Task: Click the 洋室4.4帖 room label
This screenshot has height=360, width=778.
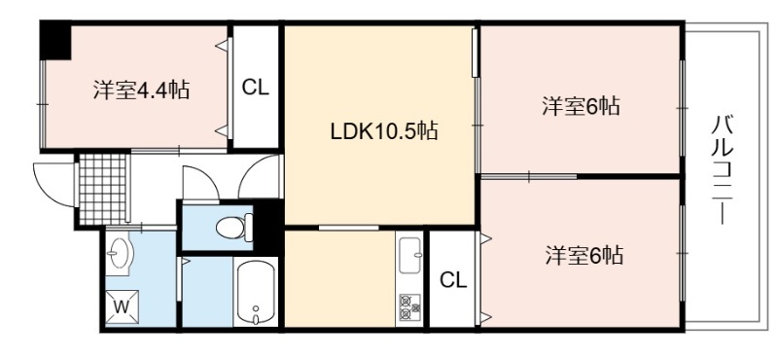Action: pyautogui.click(x=141, y=90)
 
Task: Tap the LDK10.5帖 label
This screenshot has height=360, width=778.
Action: pyautogui.click(x=384, y=130)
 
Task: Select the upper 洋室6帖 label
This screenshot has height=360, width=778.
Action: pyautogui.click(x=581, y=106)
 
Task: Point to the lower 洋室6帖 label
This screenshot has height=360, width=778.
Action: pyautogui.click(x=584, y=255)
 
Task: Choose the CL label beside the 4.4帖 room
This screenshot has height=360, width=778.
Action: pyautogui.click(x=255, y=89)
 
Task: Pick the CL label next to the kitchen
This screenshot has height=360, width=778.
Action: pyautogui.click(x=453, y=281)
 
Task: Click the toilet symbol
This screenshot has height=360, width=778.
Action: pyautogui.click(x=234, y=228)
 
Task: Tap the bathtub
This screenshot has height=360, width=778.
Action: pyautogui.click(x=256, y=293)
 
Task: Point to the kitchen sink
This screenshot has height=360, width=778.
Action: pyautogui.click(x=409, y=255)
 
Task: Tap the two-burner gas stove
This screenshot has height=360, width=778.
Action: pyautogui.click(x=409, y=307)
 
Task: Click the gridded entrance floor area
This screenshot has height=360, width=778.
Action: pyautogui.click(x=102, y=189)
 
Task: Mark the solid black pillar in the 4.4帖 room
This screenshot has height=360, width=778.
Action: pyautogui.click(x=56, y=40)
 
